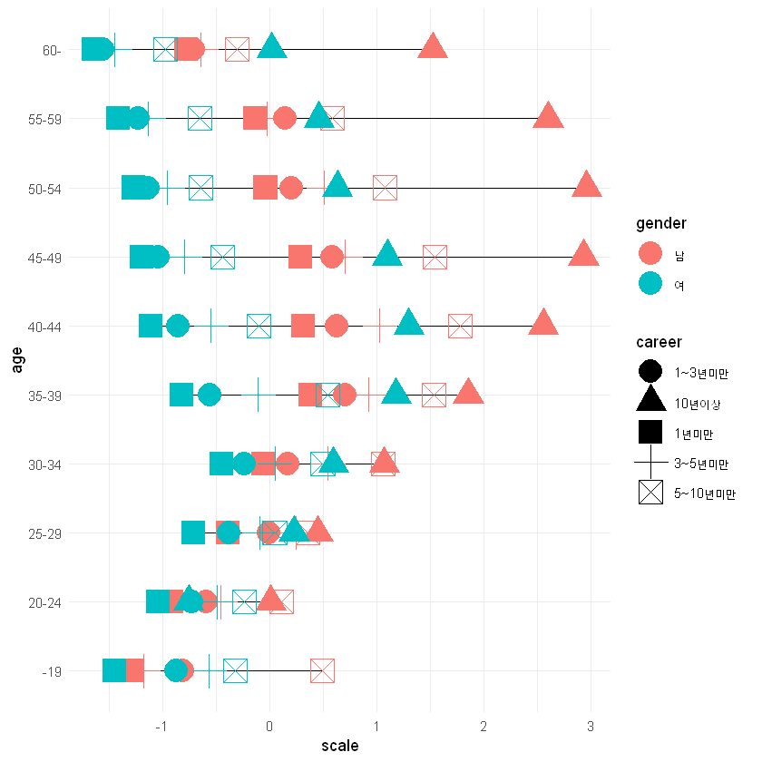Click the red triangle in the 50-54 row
pyautogui.click(x=588, y=185)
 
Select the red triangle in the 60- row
pyautogui.click(x=433, y=47)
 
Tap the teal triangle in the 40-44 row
pyautogui.click(x=408, y=323)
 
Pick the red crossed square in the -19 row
pyautogui.click(x=322, y=670)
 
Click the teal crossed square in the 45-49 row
pyautogui.click(x=222, y=257)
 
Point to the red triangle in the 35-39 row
pyautogui.click(x=468, y=392)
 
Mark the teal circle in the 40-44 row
pyautogui.click(x=178, y=326)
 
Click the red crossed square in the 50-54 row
pyautogui.click(x=385, y=188)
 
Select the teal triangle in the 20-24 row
pyautogui.click(x=189, y=599)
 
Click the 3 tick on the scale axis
pyautogui.click(x=591, y=727)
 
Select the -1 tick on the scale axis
pyautogui.click(x=161, y=727)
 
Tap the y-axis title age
pyautogui.click(x=17, y=360)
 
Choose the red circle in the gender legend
pyautogui.click(x=650, y=254)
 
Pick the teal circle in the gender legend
pyautogui.click(x=650, y=285)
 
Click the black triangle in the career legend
pyautogui.click(x=650, y=402)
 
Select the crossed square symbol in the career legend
pyautogui.click(x=650, y=493)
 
